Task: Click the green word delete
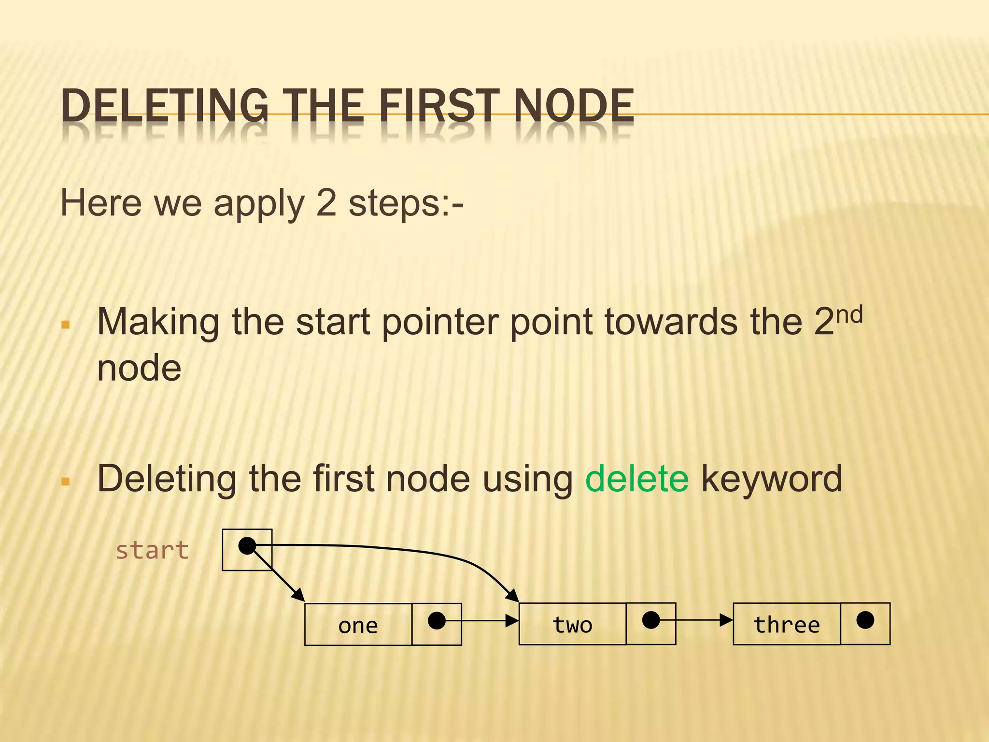pyautogui.click(x=636, y=478)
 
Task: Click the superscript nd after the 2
pyautogui.click(x=849, y=316)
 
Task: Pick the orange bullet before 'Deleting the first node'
pyautogui.click(x=66, y=481)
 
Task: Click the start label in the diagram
pyautogui.click(x=152, y=550)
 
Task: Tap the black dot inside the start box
pyautogui.click(x=247, y=546)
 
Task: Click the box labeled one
pyautogui.click(x=358, y=625)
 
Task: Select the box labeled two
pyautogui.click(x=572, y=624)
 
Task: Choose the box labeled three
pyautogui.click(x=787, y=624)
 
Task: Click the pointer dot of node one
pyautogui.click(x=437, y=621)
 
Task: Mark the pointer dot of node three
pyautogui.click(x=865, y=620)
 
